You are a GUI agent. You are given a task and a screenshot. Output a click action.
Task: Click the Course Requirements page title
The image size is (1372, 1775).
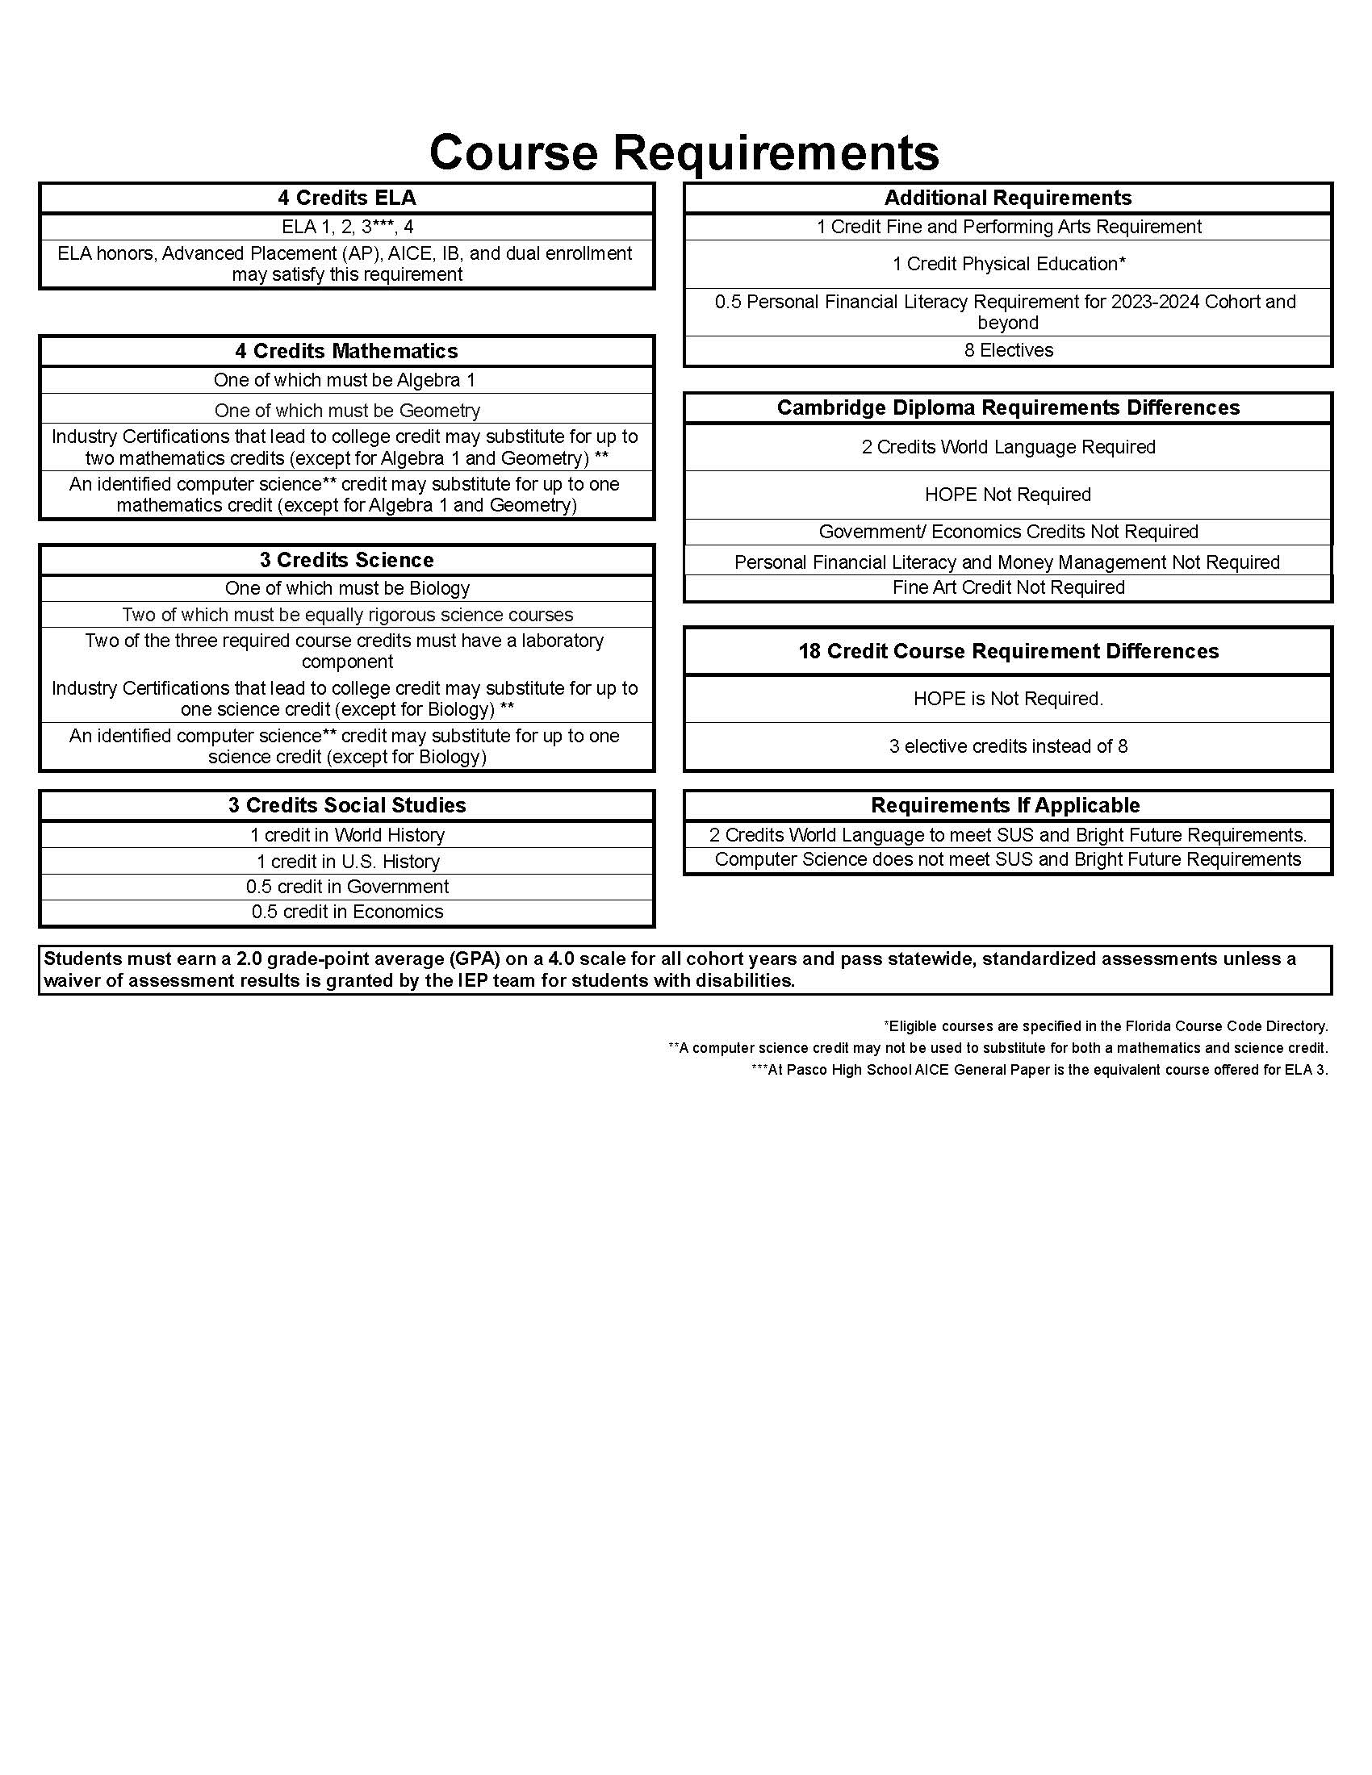coord(684,152)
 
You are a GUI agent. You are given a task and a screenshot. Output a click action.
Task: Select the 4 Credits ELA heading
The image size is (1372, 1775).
coord(347,198)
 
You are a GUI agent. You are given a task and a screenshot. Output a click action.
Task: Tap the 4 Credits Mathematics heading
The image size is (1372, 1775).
coord(347,351)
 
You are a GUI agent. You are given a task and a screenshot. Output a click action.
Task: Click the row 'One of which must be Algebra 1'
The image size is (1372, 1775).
coord(345,380)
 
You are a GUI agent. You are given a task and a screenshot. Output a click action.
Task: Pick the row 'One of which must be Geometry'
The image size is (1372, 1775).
coord(347,411)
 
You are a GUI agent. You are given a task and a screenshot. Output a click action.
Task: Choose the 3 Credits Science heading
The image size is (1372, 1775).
coord(347,560)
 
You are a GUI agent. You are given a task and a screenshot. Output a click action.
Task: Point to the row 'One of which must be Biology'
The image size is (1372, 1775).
coord(347,588)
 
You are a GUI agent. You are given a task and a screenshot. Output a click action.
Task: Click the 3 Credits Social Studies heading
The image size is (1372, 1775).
coord(347,805)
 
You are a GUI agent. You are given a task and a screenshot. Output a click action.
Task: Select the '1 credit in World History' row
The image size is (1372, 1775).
coord(347,836)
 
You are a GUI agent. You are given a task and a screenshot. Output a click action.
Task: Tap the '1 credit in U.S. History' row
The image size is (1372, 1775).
coord(347,862)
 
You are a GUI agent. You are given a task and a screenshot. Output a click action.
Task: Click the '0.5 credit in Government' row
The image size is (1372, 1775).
coord(347,887)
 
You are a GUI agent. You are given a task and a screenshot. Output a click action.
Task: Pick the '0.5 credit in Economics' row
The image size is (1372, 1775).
coord(347,912)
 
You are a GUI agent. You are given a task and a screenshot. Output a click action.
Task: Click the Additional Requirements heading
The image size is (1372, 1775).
coord(1008,198)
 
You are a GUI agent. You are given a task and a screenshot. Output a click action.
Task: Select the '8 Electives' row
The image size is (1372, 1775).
coord(1008,350)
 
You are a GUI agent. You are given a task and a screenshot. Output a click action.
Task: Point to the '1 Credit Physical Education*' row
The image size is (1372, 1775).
coord(1008,264)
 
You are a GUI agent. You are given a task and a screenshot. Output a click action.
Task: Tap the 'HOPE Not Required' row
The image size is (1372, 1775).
coord(1008,495)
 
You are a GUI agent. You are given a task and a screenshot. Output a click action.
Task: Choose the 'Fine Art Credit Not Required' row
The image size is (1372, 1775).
coord(1008,587)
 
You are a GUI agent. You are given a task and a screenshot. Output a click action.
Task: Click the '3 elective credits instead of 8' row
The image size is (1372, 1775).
coord(1008,746)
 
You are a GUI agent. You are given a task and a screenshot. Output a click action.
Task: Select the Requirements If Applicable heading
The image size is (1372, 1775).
coord(1006,805)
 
